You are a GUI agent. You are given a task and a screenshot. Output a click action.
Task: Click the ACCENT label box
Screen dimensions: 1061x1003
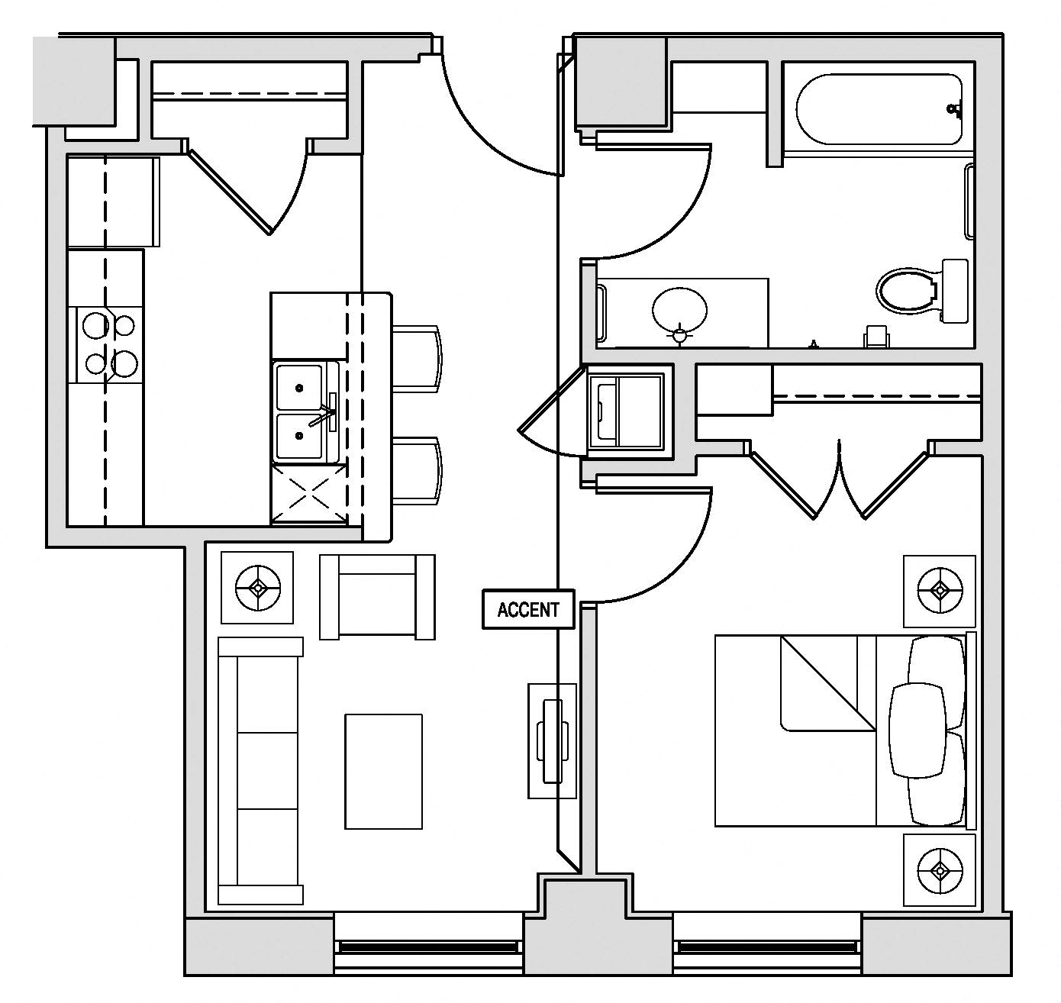[x=527, y=609]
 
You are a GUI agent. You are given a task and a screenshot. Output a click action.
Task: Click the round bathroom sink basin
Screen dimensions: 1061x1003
[x=679, y=311]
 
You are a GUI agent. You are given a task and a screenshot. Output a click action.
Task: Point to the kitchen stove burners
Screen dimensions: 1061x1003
[x=109, y=344]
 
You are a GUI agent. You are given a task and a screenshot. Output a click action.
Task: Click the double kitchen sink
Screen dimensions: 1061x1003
[x=307, y=411]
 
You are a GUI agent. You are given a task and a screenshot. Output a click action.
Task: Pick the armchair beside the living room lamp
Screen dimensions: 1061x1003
[x=377, y=597]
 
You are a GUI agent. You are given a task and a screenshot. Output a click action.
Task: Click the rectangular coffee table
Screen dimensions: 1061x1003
[x=384, y=772]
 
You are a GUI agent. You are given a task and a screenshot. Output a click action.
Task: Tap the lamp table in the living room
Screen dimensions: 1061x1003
[x=257, y=587]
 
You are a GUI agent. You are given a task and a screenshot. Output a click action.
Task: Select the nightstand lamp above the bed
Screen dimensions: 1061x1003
[x=940, y=591]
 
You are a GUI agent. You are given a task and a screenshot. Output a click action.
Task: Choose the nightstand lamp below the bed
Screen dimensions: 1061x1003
[x=940, y=869]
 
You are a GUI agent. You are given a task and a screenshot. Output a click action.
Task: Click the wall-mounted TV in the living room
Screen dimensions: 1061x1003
[x=552, y=740]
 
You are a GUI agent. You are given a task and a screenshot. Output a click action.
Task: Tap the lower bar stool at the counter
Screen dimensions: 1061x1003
[x=416, y=471]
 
